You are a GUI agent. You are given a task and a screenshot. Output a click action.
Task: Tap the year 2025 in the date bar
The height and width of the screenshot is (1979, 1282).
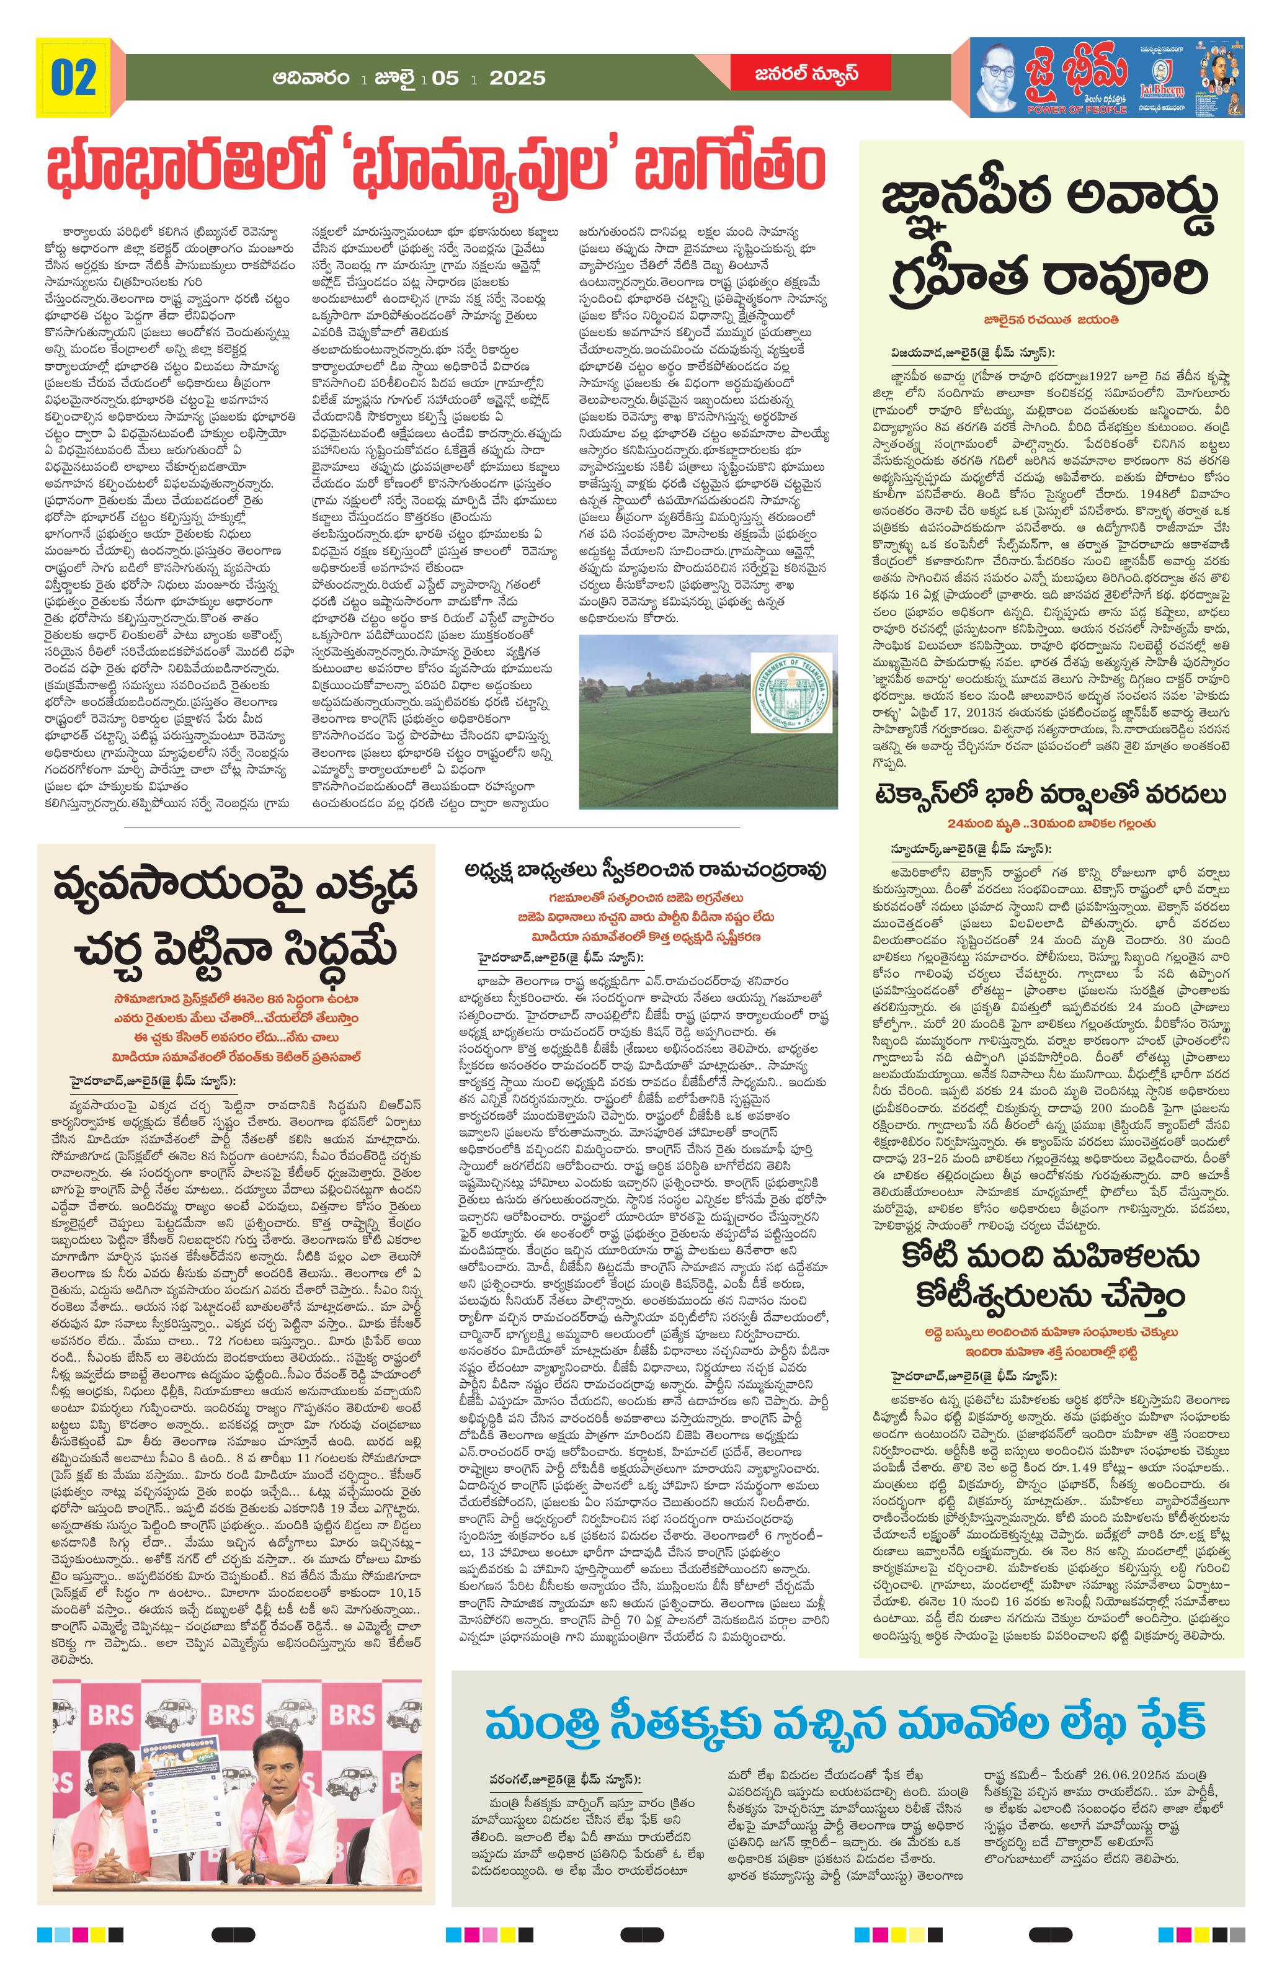click(517, 78)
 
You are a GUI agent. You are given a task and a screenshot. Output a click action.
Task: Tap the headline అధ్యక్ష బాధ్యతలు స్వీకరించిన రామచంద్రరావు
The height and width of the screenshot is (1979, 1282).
click(646, 870)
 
